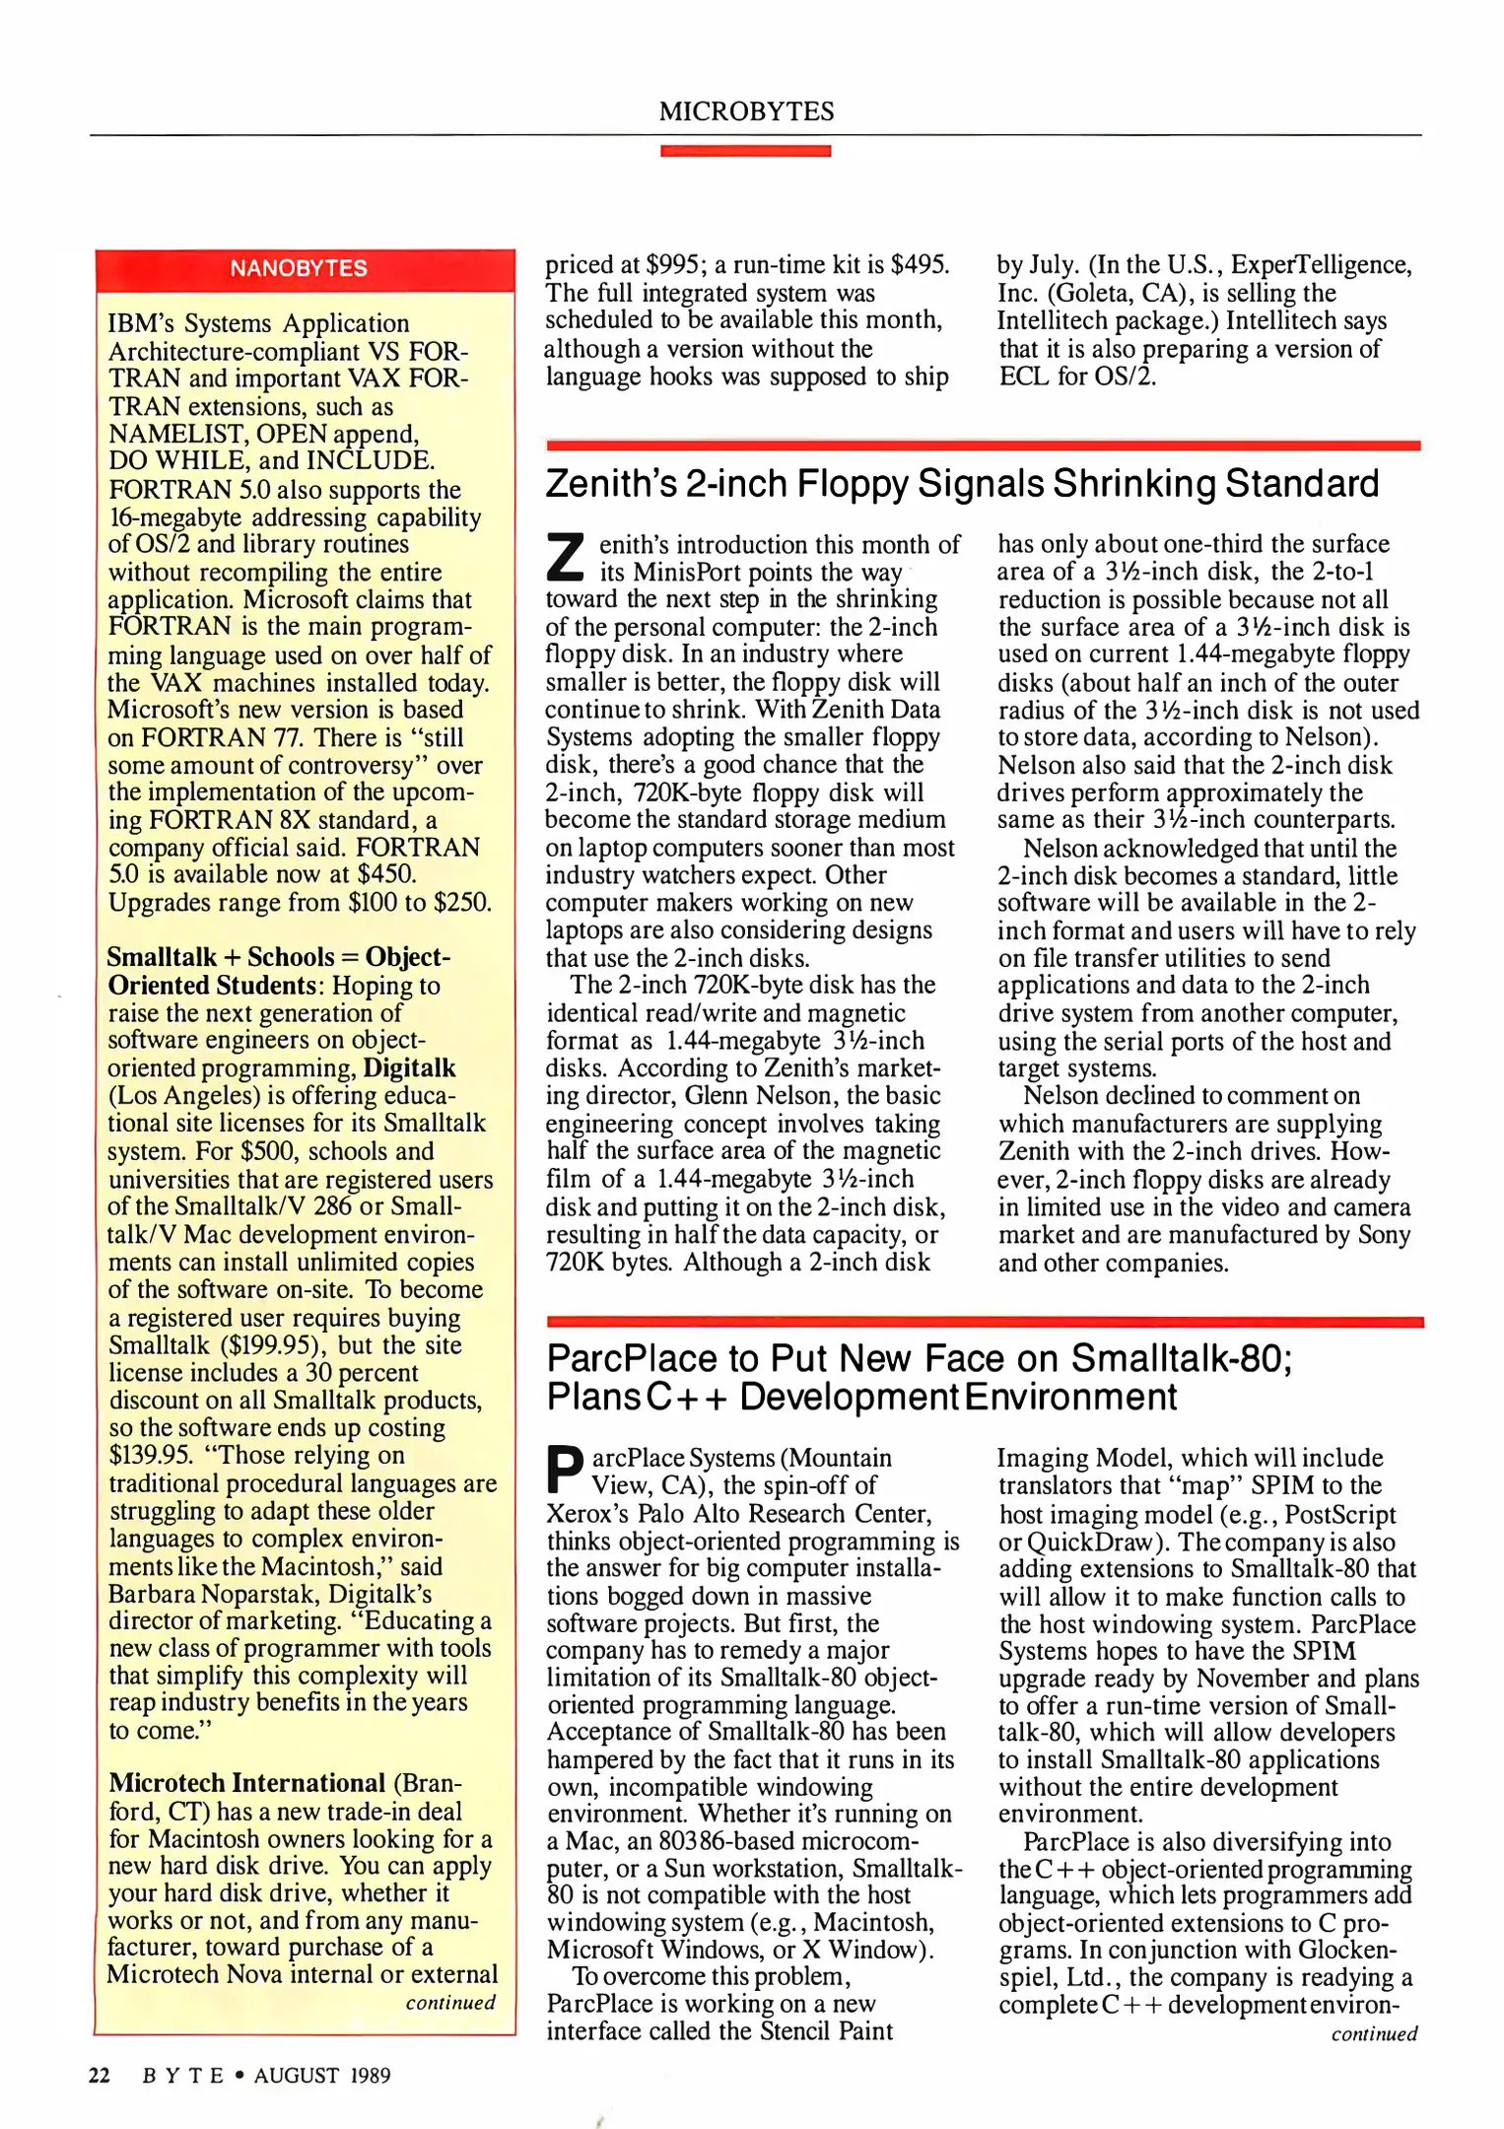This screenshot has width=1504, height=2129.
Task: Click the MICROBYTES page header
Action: (746, 111)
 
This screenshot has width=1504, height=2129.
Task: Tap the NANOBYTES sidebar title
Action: (299, 268)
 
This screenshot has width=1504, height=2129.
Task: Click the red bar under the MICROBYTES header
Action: (745, 151)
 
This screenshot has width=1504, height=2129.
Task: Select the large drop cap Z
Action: (566, 558)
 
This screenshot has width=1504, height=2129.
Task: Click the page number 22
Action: (100, 2075)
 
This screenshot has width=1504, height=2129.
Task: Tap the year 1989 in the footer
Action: (370, 2075)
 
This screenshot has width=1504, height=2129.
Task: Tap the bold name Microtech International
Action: (246, 1783)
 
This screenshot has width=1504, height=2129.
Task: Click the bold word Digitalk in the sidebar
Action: (409, 1068)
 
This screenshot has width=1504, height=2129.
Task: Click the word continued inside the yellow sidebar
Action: (450, 2003)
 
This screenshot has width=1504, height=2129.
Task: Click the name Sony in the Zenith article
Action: (1384, 1235)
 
